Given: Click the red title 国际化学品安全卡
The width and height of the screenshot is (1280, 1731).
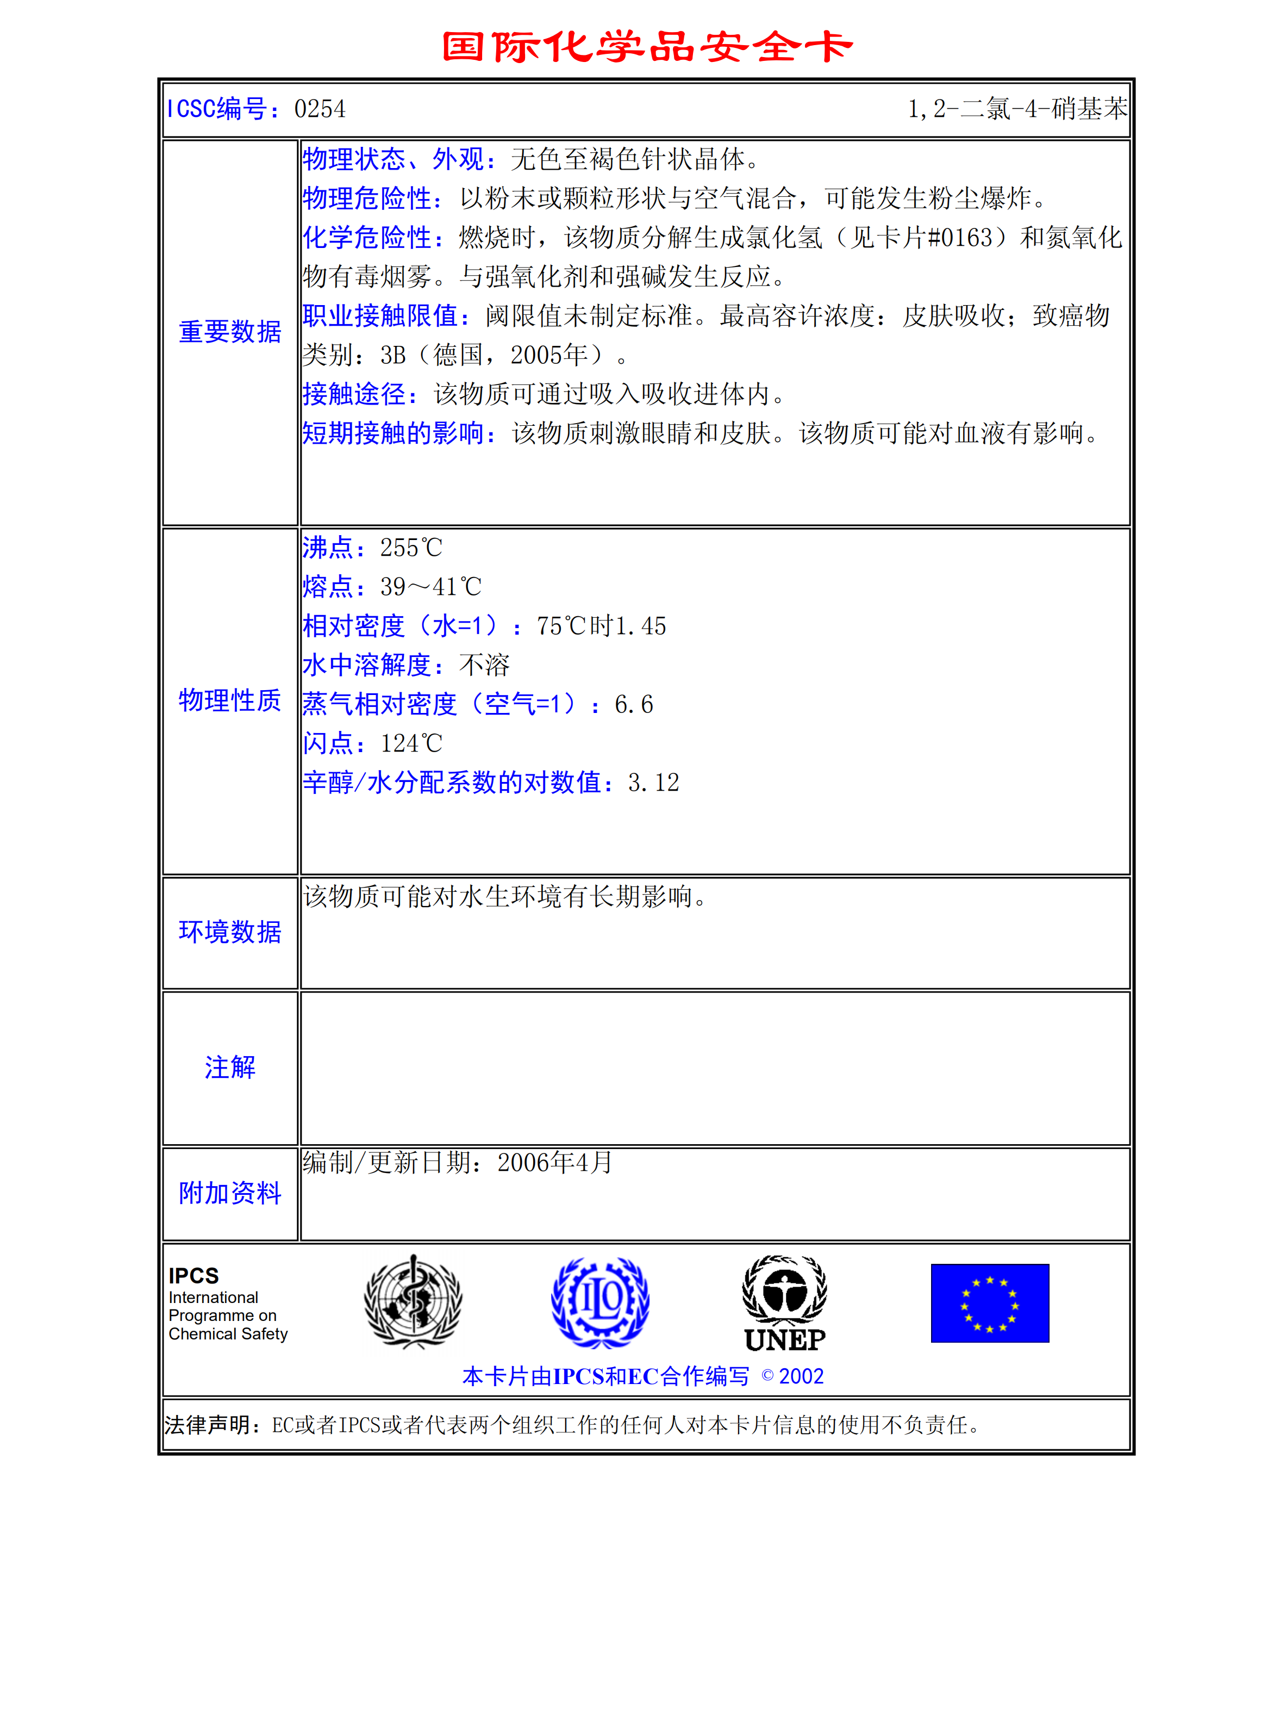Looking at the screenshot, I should point(647,47).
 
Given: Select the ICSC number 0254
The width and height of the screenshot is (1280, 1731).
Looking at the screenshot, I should point(320,109).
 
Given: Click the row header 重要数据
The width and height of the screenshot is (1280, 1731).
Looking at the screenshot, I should point(230,332).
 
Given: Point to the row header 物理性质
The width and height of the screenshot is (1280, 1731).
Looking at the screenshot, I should point(230,700).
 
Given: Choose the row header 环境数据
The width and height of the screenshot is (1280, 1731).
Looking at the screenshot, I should point(230,932).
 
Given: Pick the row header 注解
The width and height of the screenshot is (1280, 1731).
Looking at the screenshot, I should point(230,1068).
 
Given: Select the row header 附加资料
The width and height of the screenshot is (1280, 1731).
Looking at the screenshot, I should point(230,1193).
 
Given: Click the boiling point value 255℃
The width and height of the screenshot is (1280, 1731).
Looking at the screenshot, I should point(411,548).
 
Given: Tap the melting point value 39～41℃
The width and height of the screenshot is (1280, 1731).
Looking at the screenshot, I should point(431,587).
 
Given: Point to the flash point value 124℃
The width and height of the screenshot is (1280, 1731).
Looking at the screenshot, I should point(411,743).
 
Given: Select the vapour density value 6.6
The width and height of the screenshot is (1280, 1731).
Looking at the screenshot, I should point(634,705).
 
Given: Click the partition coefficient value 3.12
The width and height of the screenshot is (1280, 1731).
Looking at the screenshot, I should point(653,783).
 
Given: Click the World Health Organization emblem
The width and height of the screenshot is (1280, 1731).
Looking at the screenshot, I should point(413,1302).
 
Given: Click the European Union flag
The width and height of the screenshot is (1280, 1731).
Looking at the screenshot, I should point(989,1303).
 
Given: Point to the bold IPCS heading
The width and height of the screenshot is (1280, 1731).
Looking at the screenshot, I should point(193,1276).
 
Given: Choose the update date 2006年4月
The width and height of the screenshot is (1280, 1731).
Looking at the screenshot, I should point(555,1163).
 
